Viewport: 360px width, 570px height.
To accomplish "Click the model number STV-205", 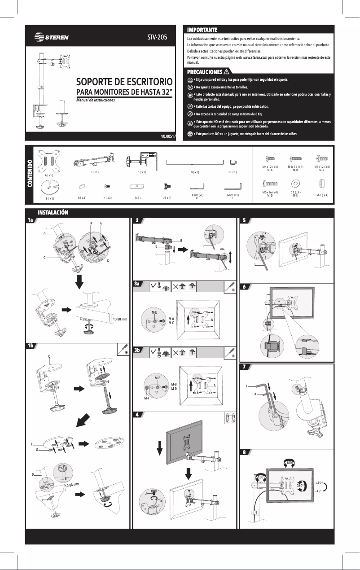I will tap(157, 37).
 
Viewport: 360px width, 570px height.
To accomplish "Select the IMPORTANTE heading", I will tap(202, 30).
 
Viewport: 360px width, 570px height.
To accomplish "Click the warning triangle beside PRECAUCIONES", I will tap(226, 72).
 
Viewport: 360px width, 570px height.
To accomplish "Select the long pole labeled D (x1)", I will tap(194, 162).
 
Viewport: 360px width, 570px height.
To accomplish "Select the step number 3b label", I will tap(139, 350).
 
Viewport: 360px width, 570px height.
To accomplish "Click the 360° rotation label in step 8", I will tap(301, 486).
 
